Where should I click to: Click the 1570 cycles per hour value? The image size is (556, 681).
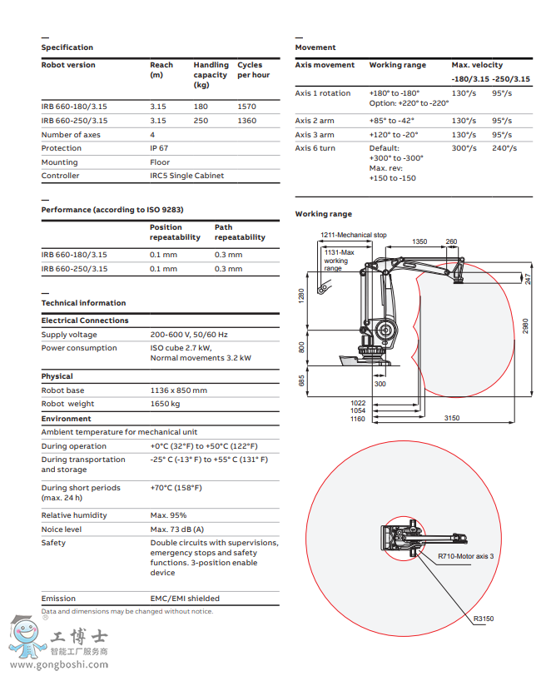coord(246,107)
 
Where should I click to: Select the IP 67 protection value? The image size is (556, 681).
coord(161,148)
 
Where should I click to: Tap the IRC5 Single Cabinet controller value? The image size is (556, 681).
coord(187,176)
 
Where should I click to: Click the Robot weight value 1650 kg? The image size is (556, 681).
coord(165,404)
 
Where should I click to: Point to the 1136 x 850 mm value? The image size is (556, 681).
coord(178,390)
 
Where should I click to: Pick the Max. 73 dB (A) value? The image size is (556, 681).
coord(176,529)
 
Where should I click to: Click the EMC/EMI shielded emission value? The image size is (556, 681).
coord(185,599)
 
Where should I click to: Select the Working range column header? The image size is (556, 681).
coord(397,65)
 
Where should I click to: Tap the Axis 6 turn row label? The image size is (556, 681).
coord(315,148)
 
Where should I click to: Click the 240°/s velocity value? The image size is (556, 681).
coord(504,148)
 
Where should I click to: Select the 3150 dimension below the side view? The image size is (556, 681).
coord(452,418)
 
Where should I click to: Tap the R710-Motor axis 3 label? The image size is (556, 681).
coord(466,556)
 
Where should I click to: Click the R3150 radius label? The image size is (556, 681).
coord(484,619)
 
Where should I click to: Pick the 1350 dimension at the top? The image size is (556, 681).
coord(419,242)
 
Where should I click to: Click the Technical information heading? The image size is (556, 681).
coord(84,303)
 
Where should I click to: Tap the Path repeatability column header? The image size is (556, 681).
coord(240,232)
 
